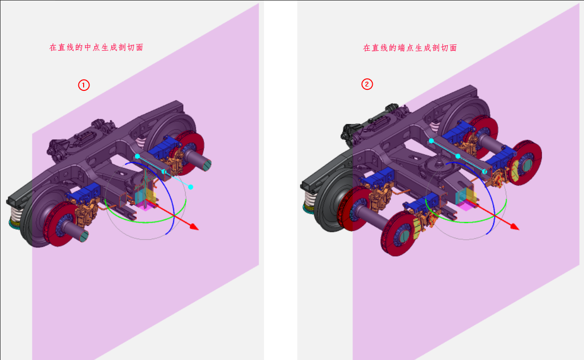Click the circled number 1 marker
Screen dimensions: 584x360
84,85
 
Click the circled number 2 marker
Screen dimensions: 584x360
367,85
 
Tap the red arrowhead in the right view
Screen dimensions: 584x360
515,227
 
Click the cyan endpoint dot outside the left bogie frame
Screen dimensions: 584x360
190,187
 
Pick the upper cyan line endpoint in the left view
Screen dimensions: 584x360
137,157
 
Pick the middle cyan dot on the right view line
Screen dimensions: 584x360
458,156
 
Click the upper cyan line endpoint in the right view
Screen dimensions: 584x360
431,141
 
